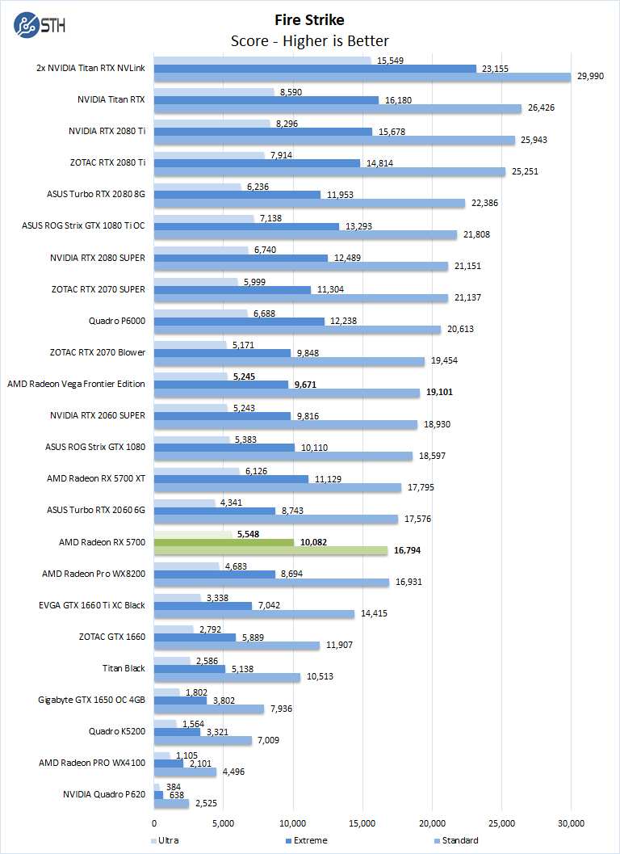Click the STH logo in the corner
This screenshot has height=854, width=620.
tap(40, 24)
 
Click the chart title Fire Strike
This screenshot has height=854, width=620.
tap(310, 19)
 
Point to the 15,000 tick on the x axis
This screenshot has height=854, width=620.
tap(362, 822)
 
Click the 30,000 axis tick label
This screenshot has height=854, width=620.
tap(571, 822)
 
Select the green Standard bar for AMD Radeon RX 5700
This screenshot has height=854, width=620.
tap(270, 551)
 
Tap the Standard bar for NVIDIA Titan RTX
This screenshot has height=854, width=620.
tap(337, 108)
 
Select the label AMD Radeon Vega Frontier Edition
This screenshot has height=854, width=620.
tap(76, 384)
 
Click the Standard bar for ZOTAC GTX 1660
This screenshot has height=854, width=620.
tap(237, 646)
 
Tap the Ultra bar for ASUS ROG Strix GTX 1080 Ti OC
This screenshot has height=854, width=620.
tap(203, 218)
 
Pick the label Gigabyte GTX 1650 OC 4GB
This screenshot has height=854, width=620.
tap(91, 699)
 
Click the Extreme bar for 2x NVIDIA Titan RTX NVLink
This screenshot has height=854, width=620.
tap(315, 69)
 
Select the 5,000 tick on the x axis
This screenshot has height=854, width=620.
tap(224, 822)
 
